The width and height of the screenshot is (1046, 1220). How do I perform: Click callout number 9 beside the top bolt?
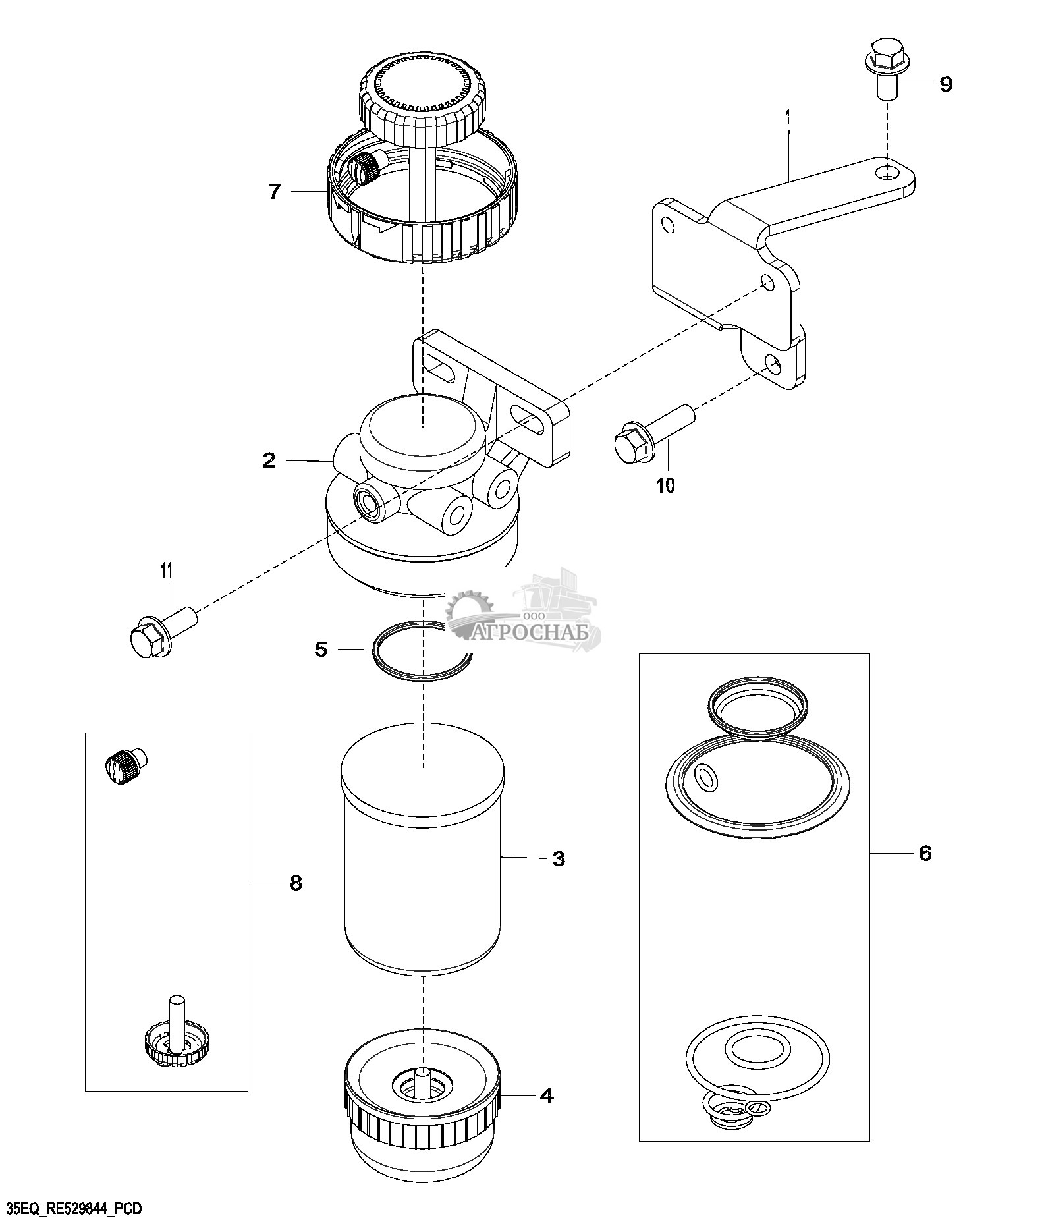point(945,84)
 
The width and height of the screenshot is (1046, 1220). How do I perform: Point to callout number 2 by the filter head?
point(269,460)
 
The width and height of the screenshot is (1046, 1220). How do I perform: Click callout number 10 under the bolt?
point(666,485)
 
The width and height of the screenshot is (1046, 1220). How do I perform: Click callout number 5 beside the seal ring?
point(321,650)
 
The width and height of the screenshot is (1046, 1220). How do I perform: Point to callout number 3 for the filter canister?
point(558,858)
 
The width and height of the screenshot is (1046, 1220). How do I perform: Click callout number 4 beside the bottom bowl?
point(546,1095)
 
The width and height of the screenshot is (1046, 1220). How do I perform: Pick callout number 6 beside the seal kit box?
point(925,854)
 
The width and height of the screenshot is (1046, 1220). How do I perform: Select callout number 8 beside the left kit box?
point(296,883)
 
